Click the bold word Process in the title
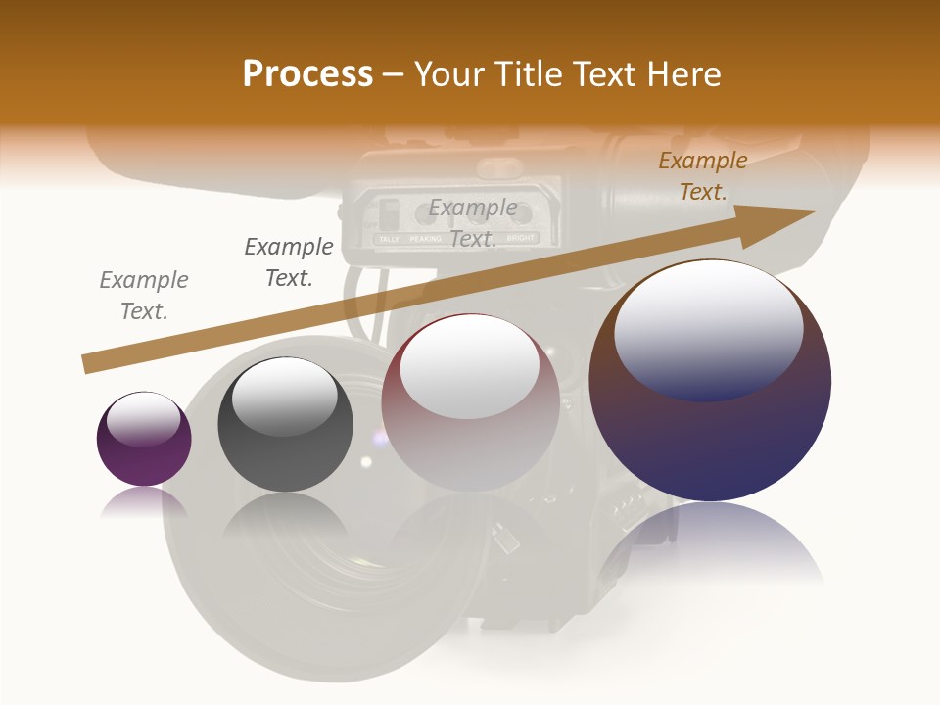pos(307,74)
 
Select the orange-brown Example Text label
pos(702,176)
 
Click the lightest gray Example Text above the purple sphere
pos(144,296)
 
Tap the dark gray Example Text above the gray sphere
pos(289,262)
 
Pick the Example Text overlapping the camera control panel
pos(473,222)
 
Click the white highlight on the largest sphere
pos(709,330)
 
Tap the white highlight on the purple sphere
pos(143,420)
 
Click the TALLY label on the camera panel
pos(389,238)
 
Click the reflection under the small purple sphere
pos(144,502)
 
